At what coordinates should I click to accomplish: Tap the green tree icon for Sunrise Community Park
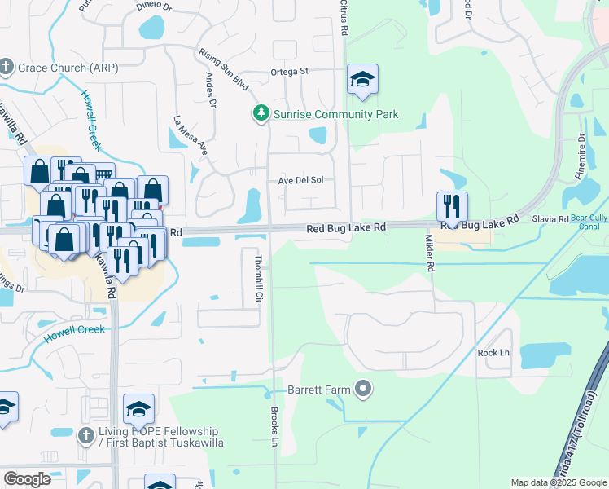tap(261, 113)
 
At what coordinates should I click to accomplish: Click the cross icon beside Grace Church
tap(7, 66)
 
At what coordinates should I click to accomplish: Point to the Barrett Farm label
tap(318, 390)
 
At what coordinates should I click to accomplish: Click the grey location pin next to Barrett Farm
tap(363, 390)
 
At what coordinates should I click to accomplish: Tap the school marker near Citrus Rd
tap(362, 80)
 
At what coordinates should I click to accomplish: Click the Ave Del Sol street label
tap(306, 180)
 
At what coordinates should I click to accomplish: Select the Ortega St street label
tap(289, 72)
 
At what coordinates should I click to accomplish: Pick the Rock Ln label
tap(493, 352)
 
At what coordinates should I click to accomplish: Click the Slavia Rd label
tap(551, 219)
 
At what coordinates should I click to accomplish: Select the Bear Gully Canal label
tap(589, 222)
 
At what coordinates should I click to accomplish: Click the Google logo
tap(27, 479)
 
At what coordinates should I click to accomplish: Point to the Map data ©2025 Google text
tap(558, 482)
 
